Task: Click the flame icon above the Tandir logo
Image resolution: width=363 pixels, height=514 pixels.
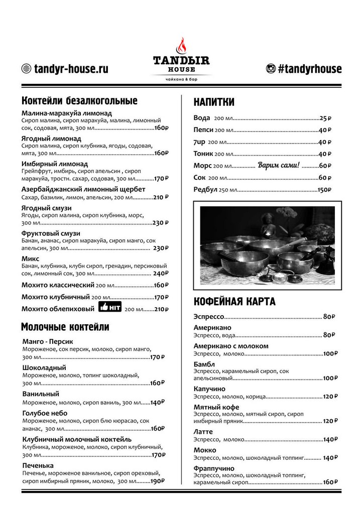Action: pos(181,47)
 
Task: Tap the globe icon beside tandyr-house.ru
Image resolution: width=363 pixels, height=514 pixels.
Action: pos(26,69)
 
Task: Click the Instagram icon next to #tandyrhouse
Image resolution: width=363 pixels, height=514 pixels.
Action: pos(271,69)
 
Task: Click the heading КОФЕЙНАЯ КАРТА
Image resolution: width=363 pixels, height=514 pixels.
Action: pos(234,302)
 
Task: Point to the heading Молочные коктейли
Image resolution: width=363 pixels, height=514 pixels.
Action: pos(65,327)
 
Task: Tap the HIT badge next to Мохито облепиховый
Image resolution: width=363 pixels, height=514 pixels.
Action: pos(110,307)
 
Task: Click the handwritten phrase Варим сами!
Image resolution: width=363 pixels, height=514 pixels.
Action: pos(279,165)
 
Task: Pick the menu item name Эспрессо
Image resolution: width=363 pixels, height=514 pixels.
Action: pos(208,317)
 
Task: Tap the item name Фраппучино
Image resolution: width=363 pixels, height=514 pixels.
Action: pos(214,468)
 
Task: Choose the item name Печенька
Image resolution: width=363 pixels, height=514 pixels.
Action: pos(38,465)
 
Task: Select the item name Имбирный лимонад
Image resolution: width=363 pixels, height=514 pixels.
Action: pos(55,164)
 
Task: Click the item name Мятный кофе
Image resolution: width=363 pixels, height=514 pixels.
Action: pos(216,407)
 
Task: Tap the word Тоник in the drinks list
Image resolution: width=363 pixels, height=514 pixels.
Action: pos(203,154)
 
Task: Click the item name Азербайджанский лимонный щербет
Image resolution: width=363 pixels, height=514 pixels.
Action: pos(83,189)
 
